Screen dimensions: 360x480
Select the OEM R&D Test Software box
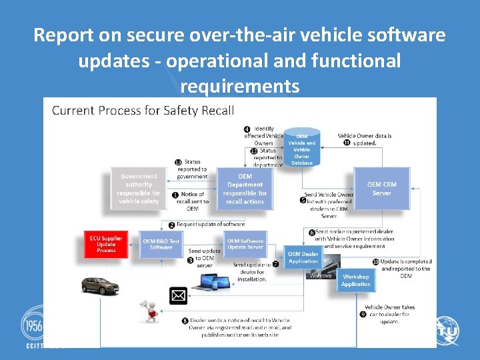coord(161,244)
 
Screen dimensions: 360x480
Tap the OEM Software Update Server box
coord(245,244)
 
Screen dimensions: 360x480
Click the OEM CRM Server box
coord(381,189)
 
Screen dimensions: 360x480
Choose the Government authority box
coord(139,189)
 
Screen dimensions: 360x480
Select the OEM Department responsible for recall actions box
coord(245,189)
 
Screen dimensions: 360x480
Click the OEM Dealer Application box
coord(303,257)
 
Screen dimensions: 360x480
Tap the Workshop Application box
coord(356,280)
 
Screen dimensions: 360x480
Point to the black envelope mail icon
coord(179,295)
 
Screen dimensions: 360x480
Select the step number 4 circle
coord(247,129)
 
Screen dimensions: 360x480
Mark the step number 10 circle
coord(376,262)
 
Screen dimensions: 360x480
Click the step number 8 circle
coord(185,321)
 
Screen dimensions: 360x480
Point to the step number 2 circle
coord(171,225)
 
